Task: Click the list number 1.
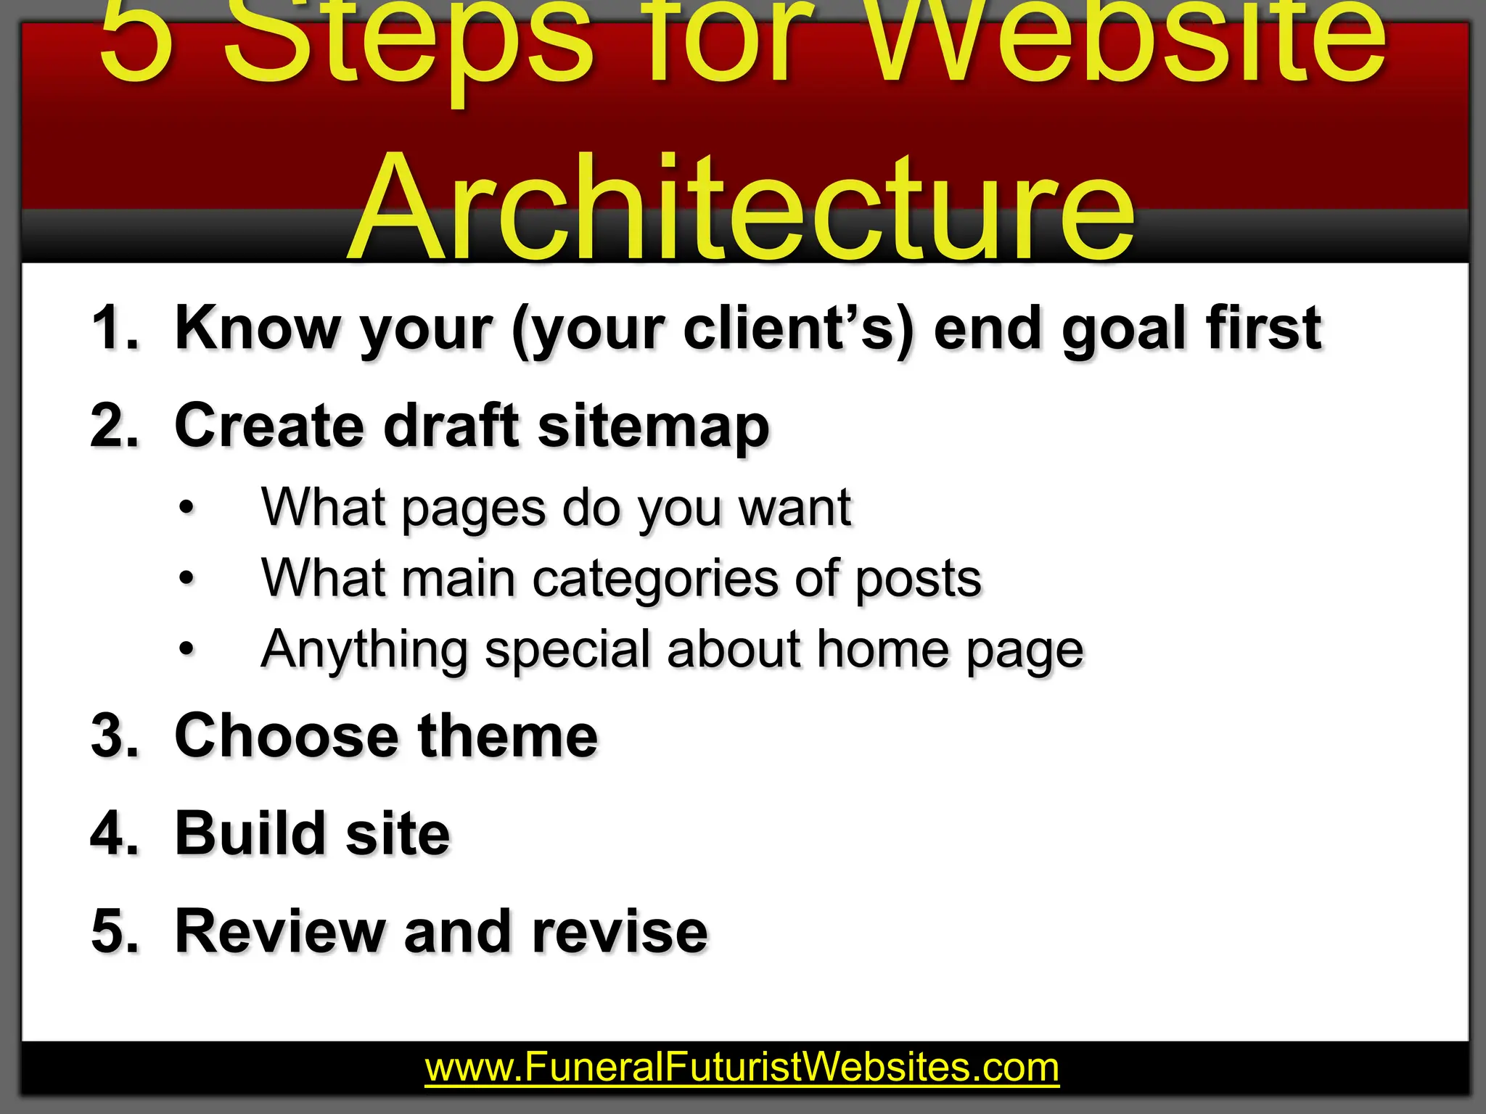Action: (114, 329)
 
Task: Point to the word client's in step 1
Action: (798, 329)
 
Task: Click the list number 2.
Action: (114, 426)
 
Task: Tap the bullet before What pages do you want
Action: (187, 508)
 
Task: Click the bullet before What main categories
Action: (187, 579)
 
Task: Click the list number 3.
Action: (114, 736)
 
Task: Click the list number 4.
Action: (114, 833)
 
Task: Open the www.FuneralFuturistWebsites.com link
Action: (742, 1068)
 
